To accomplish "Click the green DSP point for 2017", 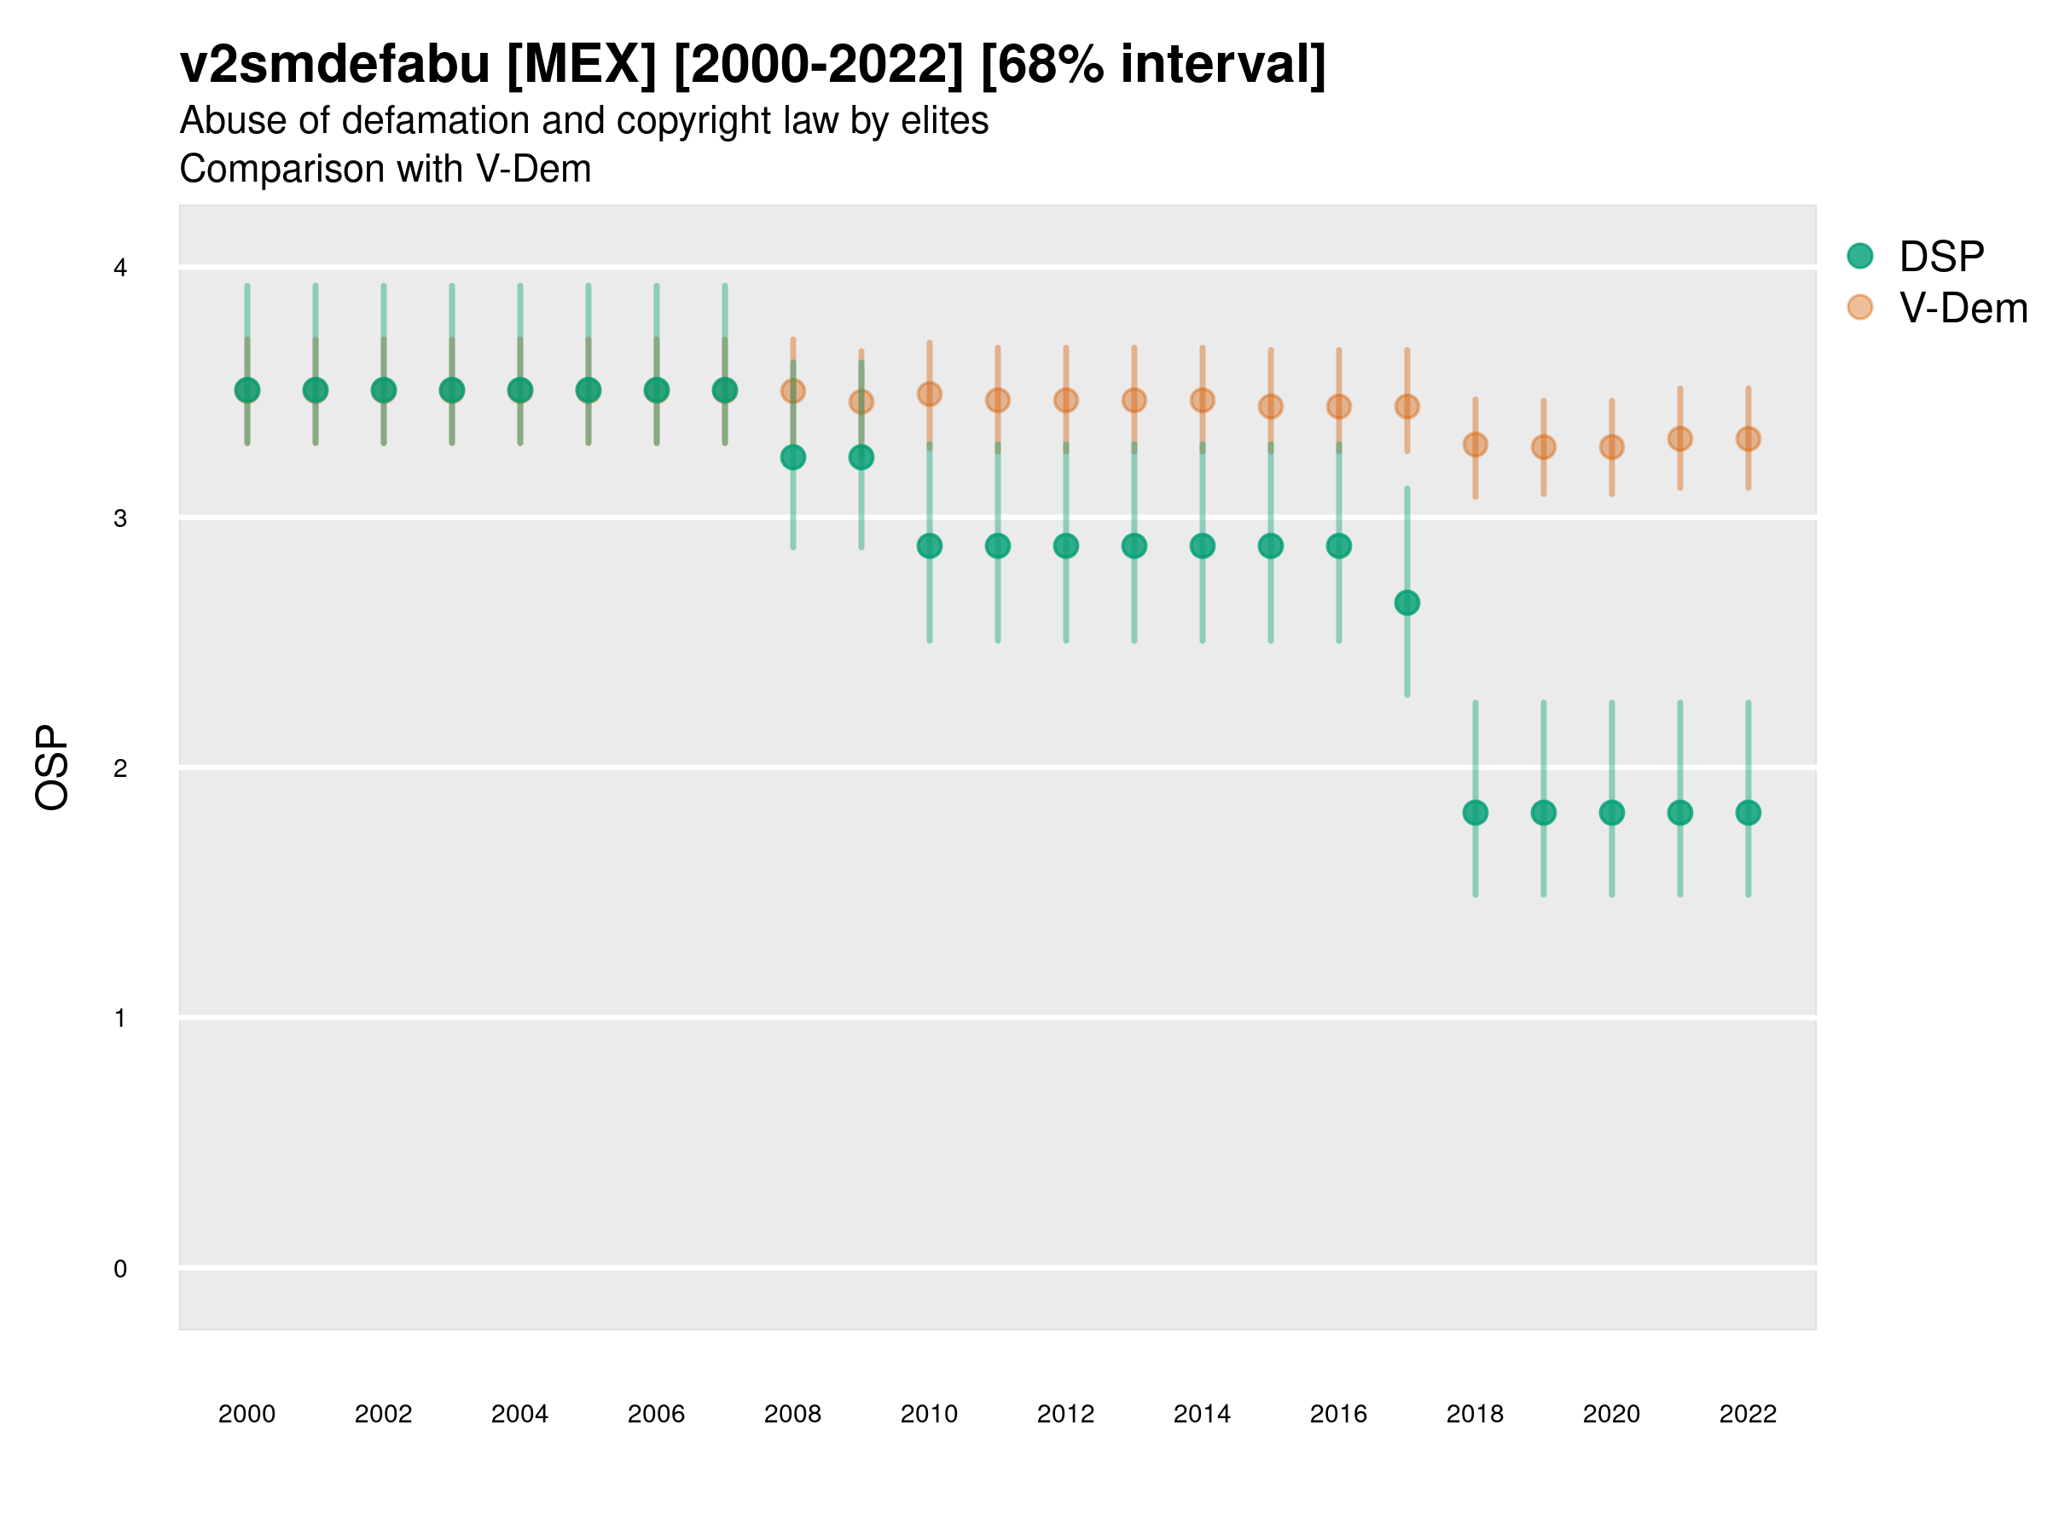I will (x=1406, y=603).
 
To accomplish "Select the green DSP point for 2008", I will (x=793, y=457).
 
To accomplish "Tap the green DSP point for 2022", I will (x=1748, y=813).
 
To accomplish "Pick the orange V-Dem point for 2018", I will (x=1475, y=445).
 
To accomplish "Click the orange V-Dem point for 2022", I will (x=1748, y=438).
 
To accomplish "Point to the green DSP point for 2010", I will (x=929, y=546).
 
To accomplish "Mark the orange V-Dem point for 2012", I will (x=1066, y=401).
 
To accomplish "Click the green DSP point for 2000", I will (x=247, y=391).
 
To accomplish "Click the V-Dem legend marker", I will (x=1859, y=307).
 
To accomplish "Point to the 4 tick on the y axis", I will (x=120, y=269).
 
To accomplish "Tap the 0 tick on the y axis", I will (x=120, y=1269).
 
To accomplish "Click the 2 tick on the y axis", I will (x=120, y=768).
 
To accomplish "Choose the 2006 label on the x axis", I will (x=656, y=1414).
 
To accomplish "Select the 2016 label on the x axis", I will (x=1338, y=1414).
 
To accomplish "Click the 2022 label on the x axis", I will (x=1748, y=1414).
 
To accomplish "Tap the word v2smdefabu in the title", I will (x=334, y=65).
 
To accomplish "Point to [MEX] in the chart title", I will (x=581, y=65).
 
